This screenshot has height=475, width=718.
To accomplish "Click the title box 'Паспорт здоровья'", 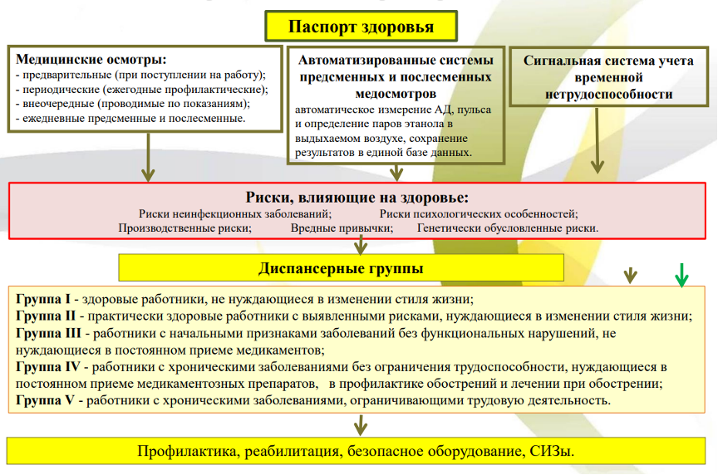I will click(361, 27).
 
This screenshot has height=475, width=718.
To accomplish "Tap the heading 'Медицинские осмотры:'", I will click(91, 60).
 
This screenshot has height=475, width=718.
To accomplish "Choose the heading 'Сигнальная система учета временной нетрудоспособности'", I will click(597, 77).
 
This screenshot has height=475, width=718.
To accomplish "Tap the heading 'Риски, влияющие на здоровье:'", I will click(357, 198).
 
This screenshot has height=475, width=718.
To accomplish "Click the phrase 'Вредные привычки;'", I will click(342, 228).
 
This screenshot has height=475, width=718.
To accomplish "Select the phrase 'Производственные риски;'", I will click(185, 228).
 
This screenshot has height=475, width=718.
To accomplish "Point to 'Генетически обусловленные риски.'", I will click(508, 228).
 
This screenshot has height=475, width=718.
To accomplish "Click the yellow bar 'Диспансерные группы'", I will click(341, 268).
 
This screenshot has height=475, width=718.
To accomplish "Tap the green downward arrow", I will click(681, 275).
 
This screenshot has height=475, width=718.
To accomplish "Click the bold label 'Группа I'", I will click(42, 298).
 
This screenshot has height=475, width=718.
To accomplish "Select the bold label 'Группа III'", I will click(47, 333).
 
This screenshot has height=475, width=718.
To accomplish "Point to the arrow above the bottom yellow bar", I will click(360, 425).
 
